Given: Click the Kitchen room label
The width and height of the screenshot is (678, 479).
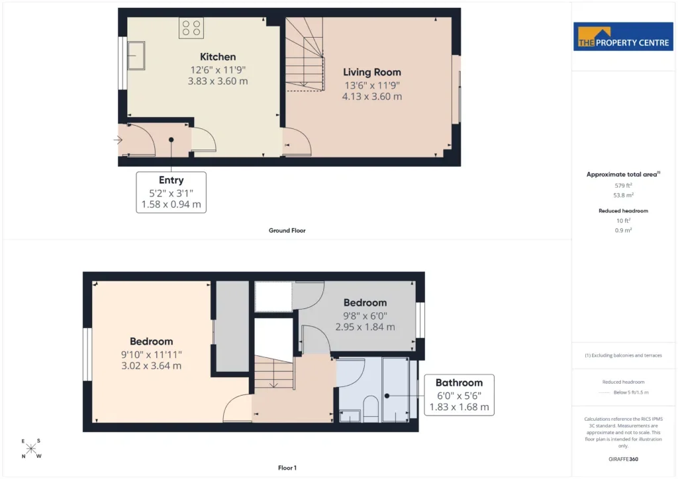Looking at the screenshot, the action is point(218,57).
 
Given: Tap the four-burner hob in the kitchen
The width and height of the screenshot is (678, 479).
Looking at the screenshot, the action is point(191,28).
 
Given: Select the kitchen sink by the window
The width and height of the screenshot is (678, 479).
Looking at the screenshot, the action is point(136,56).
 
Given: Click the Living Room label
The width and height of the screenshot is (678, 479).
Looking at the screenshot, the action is point(372,72).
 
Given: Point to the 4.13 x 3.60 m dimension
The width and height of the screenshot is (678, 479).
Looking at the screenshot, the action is point(372,97).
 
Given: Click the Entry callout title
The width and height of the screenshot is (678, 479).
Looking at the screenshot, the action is point(171,180).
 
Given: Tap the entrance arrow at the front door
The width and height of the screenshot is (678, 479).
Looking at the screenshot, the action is point(118,140).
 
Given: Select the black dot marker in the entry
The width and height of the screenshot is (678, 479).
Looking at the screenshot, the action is point(171,140).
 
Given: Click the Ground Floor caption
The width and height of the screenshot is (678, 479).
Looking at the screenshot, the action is point(287,230).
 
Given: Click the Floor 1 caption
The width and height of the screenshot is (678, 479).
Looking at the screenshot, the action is point(287,468).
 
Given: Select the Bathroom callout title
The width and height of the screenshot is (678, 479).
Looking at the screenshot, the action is point(460,382).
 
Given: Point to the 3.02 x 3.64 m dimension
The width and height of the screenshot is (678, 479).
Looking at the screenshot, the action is point(152,366).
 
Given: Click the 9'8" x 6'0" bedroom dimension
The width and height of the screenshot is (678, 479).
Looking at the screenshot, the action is point(365,316).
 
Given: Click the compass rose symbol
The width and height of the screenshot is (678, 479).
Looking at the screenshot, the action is point(31,449).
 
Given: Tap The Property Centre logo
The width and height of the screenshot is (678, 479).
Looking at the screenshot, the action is point(623,36).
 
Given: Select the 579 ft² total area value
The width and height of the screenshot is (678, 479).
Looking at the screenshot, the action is point(623,185).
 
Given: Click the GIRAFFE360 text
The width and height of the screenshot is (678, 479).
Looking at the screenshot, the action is point(623,459).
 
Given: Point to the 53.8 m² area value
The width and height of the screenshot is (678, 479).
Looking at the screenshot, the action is point(623,195).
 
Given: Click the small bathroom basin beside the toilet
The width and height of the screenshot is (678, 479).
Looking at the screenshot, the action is point(350,416).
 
